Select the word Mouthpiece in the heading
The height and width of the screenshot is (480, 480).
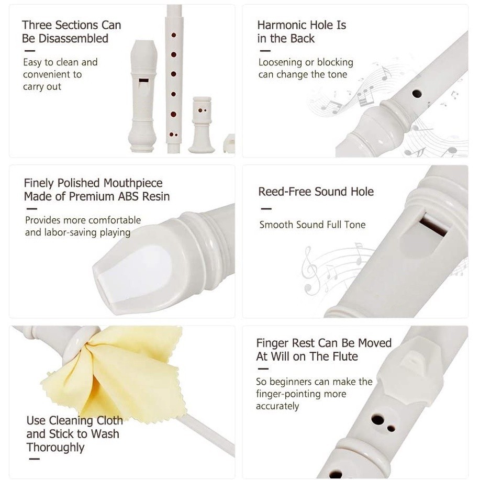tap(133, 183)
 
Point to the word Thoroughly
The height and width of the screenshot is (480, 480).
tap(55, 447)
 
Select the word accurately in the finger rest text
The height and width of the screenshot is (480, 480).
tap(277, 406)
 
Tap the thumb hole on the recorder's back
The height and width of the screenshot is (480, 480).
tap(417, 93)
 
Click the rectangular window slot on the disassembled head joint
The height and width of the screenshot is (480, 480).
tap(143, 81)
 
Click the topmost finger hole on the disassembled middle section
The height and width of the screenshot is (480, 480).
tap(174, 35)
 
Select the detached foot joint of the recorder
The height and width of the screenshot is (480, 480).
tap(202, 125)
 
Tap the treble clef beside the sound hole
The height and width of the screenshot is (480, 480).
tap(310, 271)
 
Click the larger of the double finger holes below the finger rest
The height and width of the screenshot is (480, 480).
tap(378, 420)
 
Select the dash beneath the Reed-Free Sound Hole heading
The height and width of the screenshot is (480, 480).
tap(266, 209)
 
